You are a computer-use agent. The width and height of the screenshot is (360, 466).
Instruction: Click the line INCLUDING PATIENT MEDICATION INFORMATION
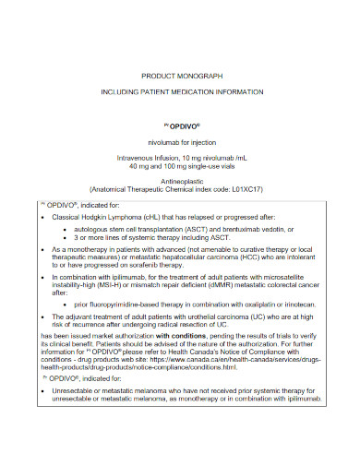179,94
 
